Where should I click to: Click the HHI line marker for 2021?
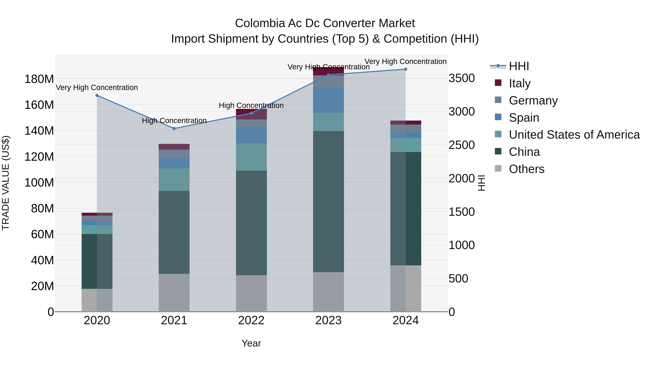click(174, 129)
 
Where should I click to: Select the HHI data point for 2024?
click(406, 69)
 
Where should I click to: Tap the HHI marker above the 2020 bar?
click(97, 95)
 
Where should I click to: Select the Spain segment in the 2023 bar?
click(328, 100)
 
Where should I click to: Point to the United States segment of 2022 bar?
click(251, 157)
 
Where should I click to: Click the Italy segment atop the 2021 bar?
click(174, 147)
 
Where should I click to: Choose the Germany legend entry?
click(533, 100)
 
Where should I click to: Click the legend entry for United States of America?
click(574, 135)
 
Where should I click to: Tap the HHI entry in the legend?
click(519, 66)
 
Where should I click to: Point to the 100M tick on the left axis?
click(39, 183)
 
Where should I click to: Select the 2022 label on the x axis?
click(251, 320)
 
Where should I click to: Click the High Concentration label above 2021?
click(174, 121)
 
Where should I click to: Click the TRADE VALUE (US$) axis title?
click(6, 183)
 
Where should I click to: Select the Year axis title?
click(251, 343)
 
